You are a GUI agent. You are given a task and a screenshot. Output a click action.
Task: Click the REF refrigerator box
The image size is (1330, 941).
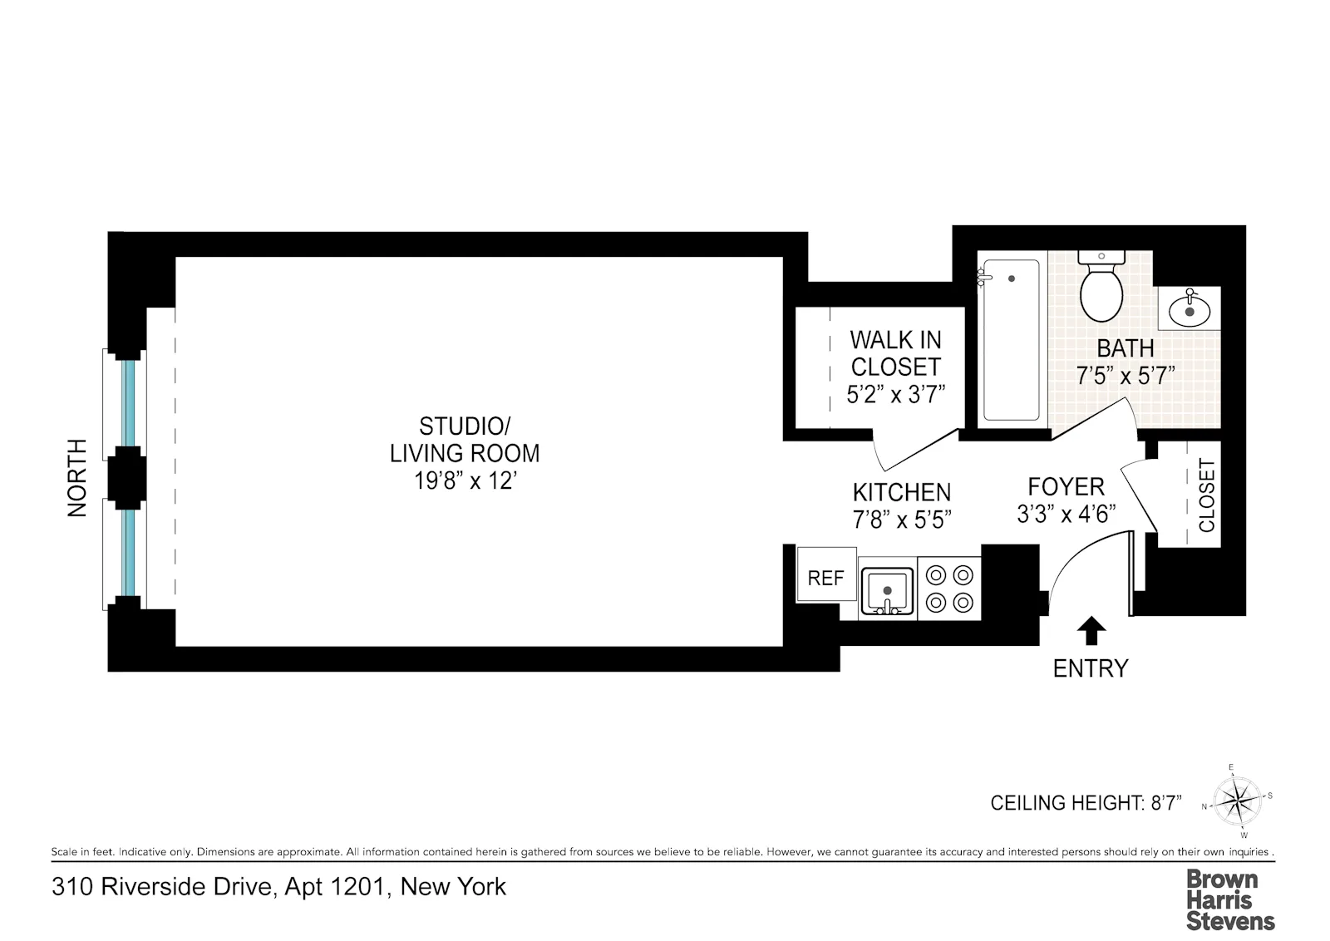click(825, 577)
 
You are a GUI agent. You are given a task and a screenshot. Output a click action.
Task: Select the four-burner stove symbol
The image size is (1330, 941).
click(949, 589)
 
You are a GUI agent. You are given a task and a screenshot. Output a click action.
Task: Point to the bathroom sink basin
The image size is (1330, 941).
click(1190, 311)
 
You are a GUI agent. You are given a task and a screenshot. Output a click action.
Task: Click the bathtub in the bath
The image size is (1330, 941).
click(1011, 341)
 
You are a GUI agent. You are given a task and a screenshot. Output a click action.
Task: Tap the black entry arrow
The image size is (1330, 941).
click(1091, 631)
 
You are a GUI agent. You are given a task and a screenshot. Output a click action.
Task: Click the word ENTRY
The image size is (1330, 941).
click(1091, 668)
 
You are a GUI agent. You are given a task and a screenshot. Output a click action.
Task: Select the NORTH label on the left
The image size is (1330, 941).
click(76, 478)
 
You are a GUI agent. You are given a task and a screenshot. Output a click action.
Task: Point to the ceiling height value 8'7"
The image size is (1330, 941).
click(1165, 803)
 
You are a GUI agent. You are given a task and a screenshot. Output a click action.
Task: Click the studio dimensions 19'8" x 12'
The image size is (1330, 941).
click(465, 481)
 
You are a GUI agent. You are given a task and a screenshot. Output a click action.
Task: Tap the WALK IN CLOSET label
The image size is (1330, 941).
click(895, 353)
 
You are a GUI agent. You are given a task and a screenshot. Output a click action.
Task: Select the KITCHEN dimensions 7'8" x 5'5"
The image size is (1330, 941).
click(902, 520)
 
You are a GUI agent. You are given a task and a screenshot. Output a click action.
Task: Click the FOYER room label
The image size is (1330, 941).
click(1066, 486)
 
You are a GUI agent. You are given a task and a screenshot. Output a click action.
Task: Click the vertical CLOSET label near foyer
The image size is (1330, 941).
click(1206, 495)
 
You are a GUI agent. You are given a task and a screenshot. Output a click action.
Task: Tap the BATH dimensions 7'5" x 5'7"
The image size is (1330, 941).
click(1126, 376)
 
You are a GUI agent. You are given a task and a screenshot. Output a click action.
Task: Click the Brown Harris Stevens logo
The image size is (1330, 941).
click(1229, 899)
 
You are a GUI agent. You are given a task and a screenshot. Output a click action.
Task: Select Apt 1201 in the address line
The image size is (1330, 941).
click(336, 887)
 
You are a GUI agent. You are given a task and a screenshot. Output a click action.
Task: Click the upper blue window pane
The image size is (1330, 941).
click(128, 403)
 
